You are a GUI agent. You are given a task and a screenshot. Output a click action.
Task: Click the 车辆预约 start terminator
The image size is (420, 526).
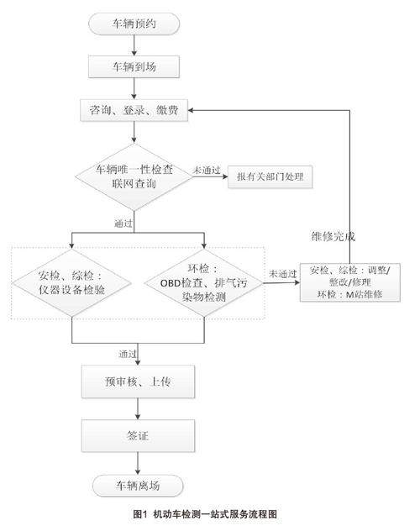pos(134,24)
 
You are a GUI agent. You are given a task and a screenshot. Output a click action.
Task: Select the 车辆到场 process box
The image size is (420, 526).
pos(134,66)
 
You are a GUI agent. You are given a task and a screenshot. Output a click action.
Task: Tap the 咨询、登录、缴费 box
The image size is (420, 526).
pos(134,110)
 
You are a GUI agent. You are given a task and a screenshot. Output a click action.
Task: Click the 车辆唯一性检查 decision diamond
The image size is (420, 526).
pos(134,176)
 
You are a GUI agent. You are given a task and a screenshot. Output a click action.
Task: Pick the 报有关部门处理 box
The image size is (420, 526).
pos(270,176)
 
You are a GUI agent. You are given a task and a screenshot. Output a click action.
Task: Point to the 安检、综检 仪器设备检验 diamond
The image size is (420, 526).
pos(71,283)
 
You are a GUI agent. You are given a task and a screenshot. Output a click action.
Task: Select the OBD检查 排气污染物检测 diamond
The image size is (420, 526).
pos(204,283)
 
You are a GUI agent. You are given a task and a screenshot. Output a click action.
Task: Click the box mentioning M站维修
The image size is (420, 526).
pos(350,282)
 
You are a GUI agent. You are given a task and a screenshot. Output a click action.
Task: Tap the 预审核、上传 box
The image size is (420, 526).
pos(138,381)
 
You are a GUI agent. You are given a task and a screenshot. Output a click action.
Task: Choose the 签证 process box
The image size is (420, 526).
pos(138,435)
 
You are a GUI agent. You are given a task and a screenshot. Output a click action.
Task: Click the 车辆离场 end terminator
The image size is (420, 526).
pos(138,486)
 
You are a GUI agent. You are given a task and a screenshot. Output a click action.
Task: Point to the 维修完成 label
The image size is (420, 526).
pos(333,237)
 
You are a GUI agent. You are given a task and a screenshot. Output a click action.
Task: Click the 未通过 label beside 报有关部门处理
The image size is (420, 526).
pos(207,170)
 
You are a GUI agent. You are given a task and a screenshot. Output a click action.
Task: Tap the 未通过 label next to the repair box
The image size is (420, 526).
pos(283,274)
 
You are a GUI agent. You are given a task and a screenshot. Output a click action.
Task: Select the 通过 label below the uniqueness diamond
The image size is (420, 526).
pos(123,223)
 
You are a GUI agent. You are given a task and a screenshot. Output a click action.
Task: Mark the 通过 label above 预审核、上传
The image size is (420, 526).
pos(128,354)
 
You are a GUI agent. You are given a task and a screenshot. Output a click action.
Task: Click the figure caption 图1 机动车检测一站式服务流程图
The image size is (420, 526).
pos(205,514)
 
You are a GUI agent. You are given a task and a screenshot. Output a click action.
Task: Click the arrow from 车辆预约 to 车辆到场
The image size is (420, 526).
pos(134,45)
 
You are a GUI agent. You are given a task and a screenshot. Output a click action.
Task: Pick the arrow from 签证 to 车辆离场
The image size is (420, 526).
pos(138,463)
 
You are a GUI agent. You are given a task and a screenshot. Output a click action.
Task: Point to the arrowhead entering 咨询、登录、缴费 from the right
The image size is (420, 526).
pos(190,110)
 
